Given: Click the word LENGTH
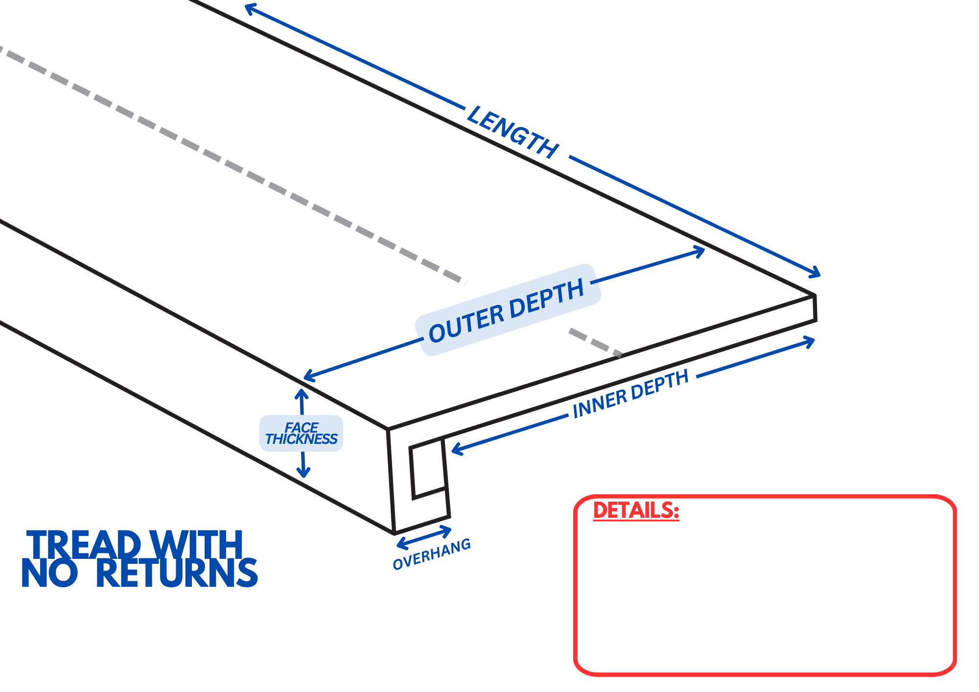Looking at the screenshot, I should click(x=513, y=132).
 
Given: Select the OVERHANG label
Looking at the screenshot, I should click(x=432, y=554).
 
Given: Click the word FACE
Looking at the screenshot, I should click(x=301, y=427).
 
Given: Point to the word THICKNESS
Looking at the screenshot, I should click(x=301, y=439).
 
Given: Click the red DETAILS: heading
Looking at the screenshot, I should click(x=636, y=510).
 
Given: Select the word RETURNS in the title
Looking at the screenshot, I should click(x=177, y=573).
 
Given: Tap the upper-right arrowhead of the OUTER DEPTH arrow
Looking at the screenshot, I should click(x=700, y=252).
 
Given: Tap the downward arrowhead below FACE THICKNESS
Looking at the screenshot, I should click(x=303, y=473).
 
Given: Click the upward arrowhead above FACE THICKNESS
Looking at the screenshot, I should click(x=301, y=393).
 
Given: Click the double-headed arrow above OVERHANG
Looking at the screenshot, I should click(x=424, y=537).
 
